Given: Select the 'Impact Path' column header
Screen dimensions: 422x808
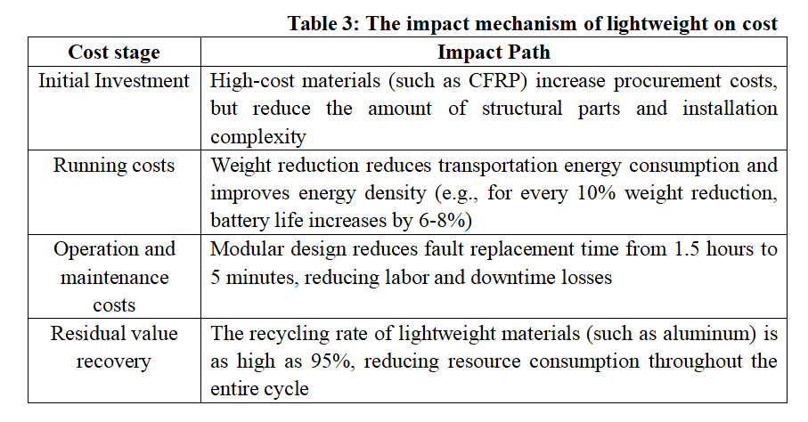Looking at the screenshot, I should click(x=493, y=52).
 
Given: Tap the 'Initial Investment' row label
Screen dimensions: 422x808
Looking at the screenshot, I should click(x=114, y=81).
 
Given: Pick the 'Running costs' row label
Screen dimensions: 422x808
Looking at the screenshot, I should click(x=114, y=165).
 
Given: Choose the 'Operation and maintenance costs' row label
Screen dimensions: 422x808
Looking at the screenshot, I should click(x=114, y=277).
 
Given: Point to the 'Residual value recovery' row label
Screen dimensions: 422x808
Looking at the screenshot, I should click(x=114, y=347).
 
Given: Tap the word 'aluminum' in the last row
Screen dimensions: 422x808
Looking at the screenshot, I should click(x=690, y=334).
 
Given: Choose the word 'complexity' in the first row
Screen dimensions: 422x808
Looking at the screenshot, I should click(x=258, y=137).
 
